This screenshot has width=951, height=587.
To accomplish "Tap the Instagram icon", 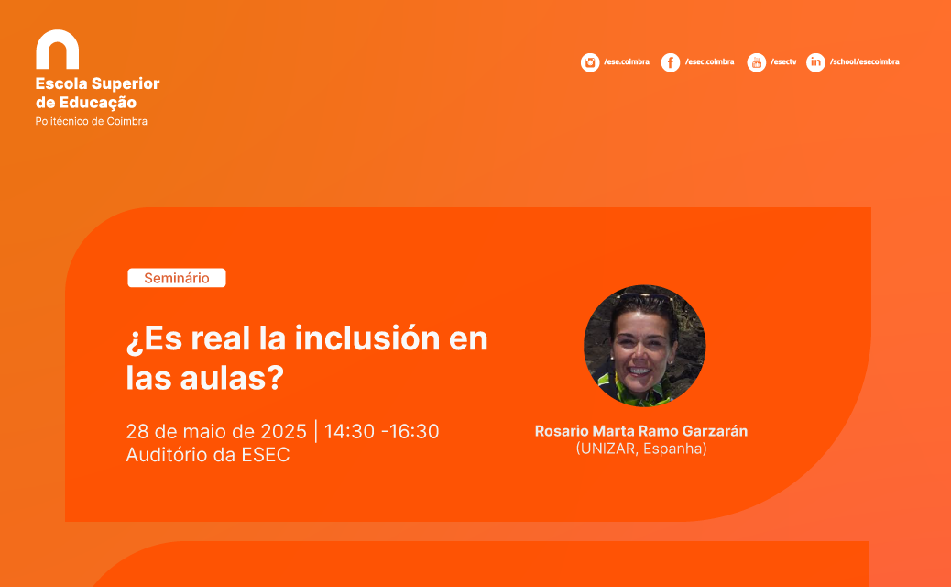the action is click(x=589, y=62).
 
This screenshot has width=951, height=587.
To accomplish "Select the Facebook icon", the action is click(x=670, y=62).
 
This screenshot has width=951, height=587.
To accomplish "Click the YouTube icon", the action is click(x=756, y=62).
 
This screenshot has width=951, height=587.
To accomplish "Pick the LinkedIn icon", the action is click(x=815, y=62).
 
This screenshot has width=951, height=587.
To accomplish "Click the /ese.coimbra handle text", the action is click(x=627, y=62).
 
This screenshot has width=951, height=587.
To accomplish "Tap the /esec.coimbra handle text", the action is click(x=710, y=62).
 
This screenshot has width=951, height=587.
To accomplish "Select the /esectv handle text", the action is click(x=783, y=62).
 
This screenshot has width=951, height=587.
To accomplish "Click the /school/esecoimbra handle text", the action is click(x=864, y=62).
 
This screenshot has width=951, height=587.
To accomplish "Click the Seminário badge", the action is click(x=177, y=278).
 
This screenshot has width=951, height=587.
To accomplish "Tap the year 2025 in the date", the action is click(x=283, y=432).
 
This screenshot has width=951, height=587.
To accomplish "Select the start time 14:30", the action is click(x=349, y=432).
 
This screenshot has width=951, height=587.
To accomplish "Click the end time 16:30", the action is click(x=413, y=432).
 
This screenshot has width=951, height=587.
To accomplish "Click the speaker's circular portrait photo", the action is click(x=644, y=346).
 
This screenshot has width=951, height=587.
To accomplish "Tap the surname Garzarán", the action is click(x=715, y=431).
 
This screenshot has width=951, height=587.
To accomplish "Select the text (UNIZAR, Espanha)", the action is click(x=641, y=449).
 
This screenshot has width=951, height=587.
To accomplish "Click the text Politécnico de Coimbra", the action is click(x=91, y=121).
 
